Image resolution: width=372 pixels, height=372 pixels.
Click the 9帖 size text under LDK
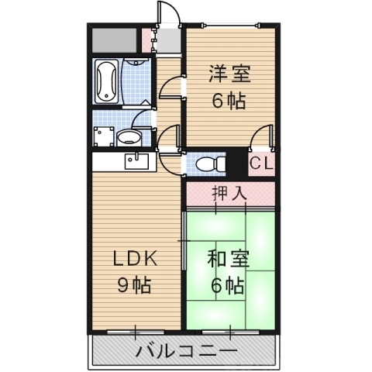tap(133, 284)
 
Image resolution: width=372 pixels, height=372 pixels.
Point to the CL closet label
tap(261, 164)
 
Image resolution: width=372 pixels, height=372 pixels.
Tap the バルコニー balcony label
tap(186, 350)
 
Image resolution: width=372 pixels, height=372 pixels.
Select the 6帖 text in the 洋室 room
tap(229, 101)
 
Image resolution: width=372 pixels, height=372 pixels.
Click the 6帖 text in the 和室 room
tap(228, 285)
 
